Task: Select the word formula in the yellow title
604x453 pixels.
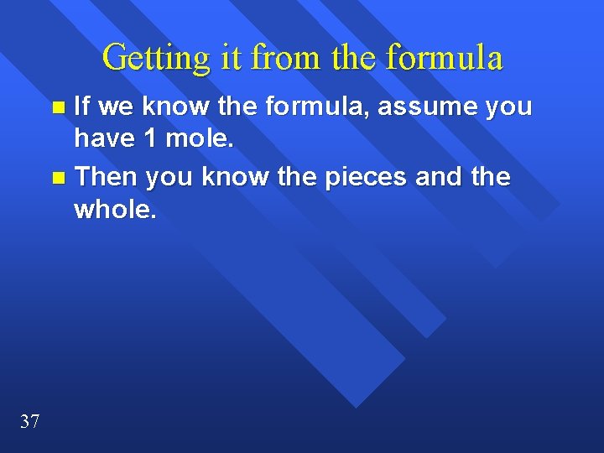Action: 445,59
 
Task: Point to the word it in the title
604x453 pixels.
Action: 232,59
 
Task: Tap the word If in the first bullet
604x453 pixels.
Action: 84,107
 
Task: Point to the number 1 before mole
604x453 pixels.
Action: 150,138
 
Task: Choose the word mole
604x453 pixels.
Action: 200,138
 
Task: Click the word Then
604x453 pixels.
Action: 107,177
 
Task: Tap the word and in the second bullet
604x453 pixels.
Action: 444,177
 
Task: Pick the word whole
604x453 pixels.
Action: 115,209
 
